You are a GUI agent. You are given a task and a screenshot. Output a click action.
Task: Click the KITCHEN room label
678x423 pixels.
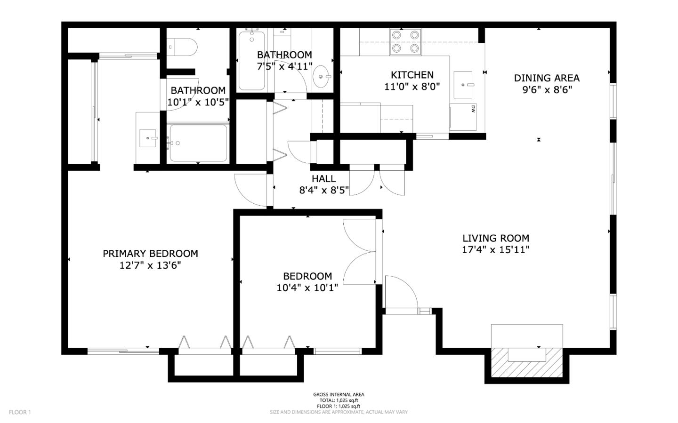(412, 75)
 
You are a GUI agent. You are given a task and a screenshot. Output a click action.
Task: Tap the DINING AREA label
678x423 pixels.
(546, 78)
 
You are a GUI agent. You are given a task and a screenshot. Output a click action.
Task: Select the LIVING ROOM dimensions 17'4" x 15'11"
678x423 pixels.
(495, 250)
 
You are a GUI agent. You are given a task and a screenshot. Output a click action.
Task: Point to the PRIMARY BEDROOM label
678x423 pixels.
(150, 254)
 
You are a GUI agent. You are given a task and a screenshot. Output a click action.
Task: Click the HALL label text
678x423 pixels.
(323, 179)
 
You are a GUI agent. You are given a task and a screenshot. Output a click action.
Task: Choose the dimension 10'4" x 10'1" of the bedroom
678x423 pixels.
(307, 287)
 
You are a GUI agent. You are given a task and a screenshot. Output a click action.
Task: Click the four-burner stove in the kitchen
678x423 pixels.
(405, 41)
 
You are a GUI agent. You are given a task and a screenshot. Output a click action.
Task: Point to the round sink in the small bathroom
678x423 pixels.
(322, 76)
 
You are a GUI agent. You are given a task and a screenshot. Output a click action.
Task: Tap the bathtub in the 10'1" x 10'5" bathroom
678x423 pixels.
(198, 143)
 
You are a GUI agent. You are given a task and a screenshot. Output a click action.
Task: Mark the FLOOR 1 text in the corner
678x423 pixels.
(20, 412)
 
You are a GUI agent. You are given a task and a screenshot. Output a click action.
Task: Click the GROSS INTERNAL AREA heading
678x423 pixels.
(339, 395)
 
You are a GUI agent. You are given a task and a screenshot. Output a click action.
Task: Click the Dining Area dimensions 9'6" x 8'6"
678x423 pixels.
(546, 90)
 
